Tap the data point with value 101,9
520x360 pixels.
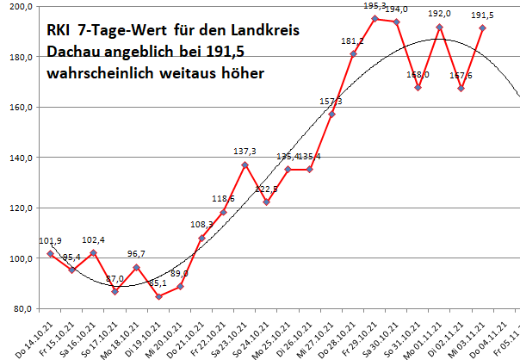pyautogui.click(x=50, y=254)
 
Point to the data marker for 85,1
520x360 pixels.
pyautogui.click(x=158, y=296)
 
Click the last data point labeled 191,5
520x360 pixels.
pyautogui.click(x=483, y=28)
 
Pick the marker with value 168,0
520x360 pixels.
pyautogui.click(x=418, y=88)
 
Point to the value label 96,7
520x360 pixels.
pyautogui.click(x=137, y=254)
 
